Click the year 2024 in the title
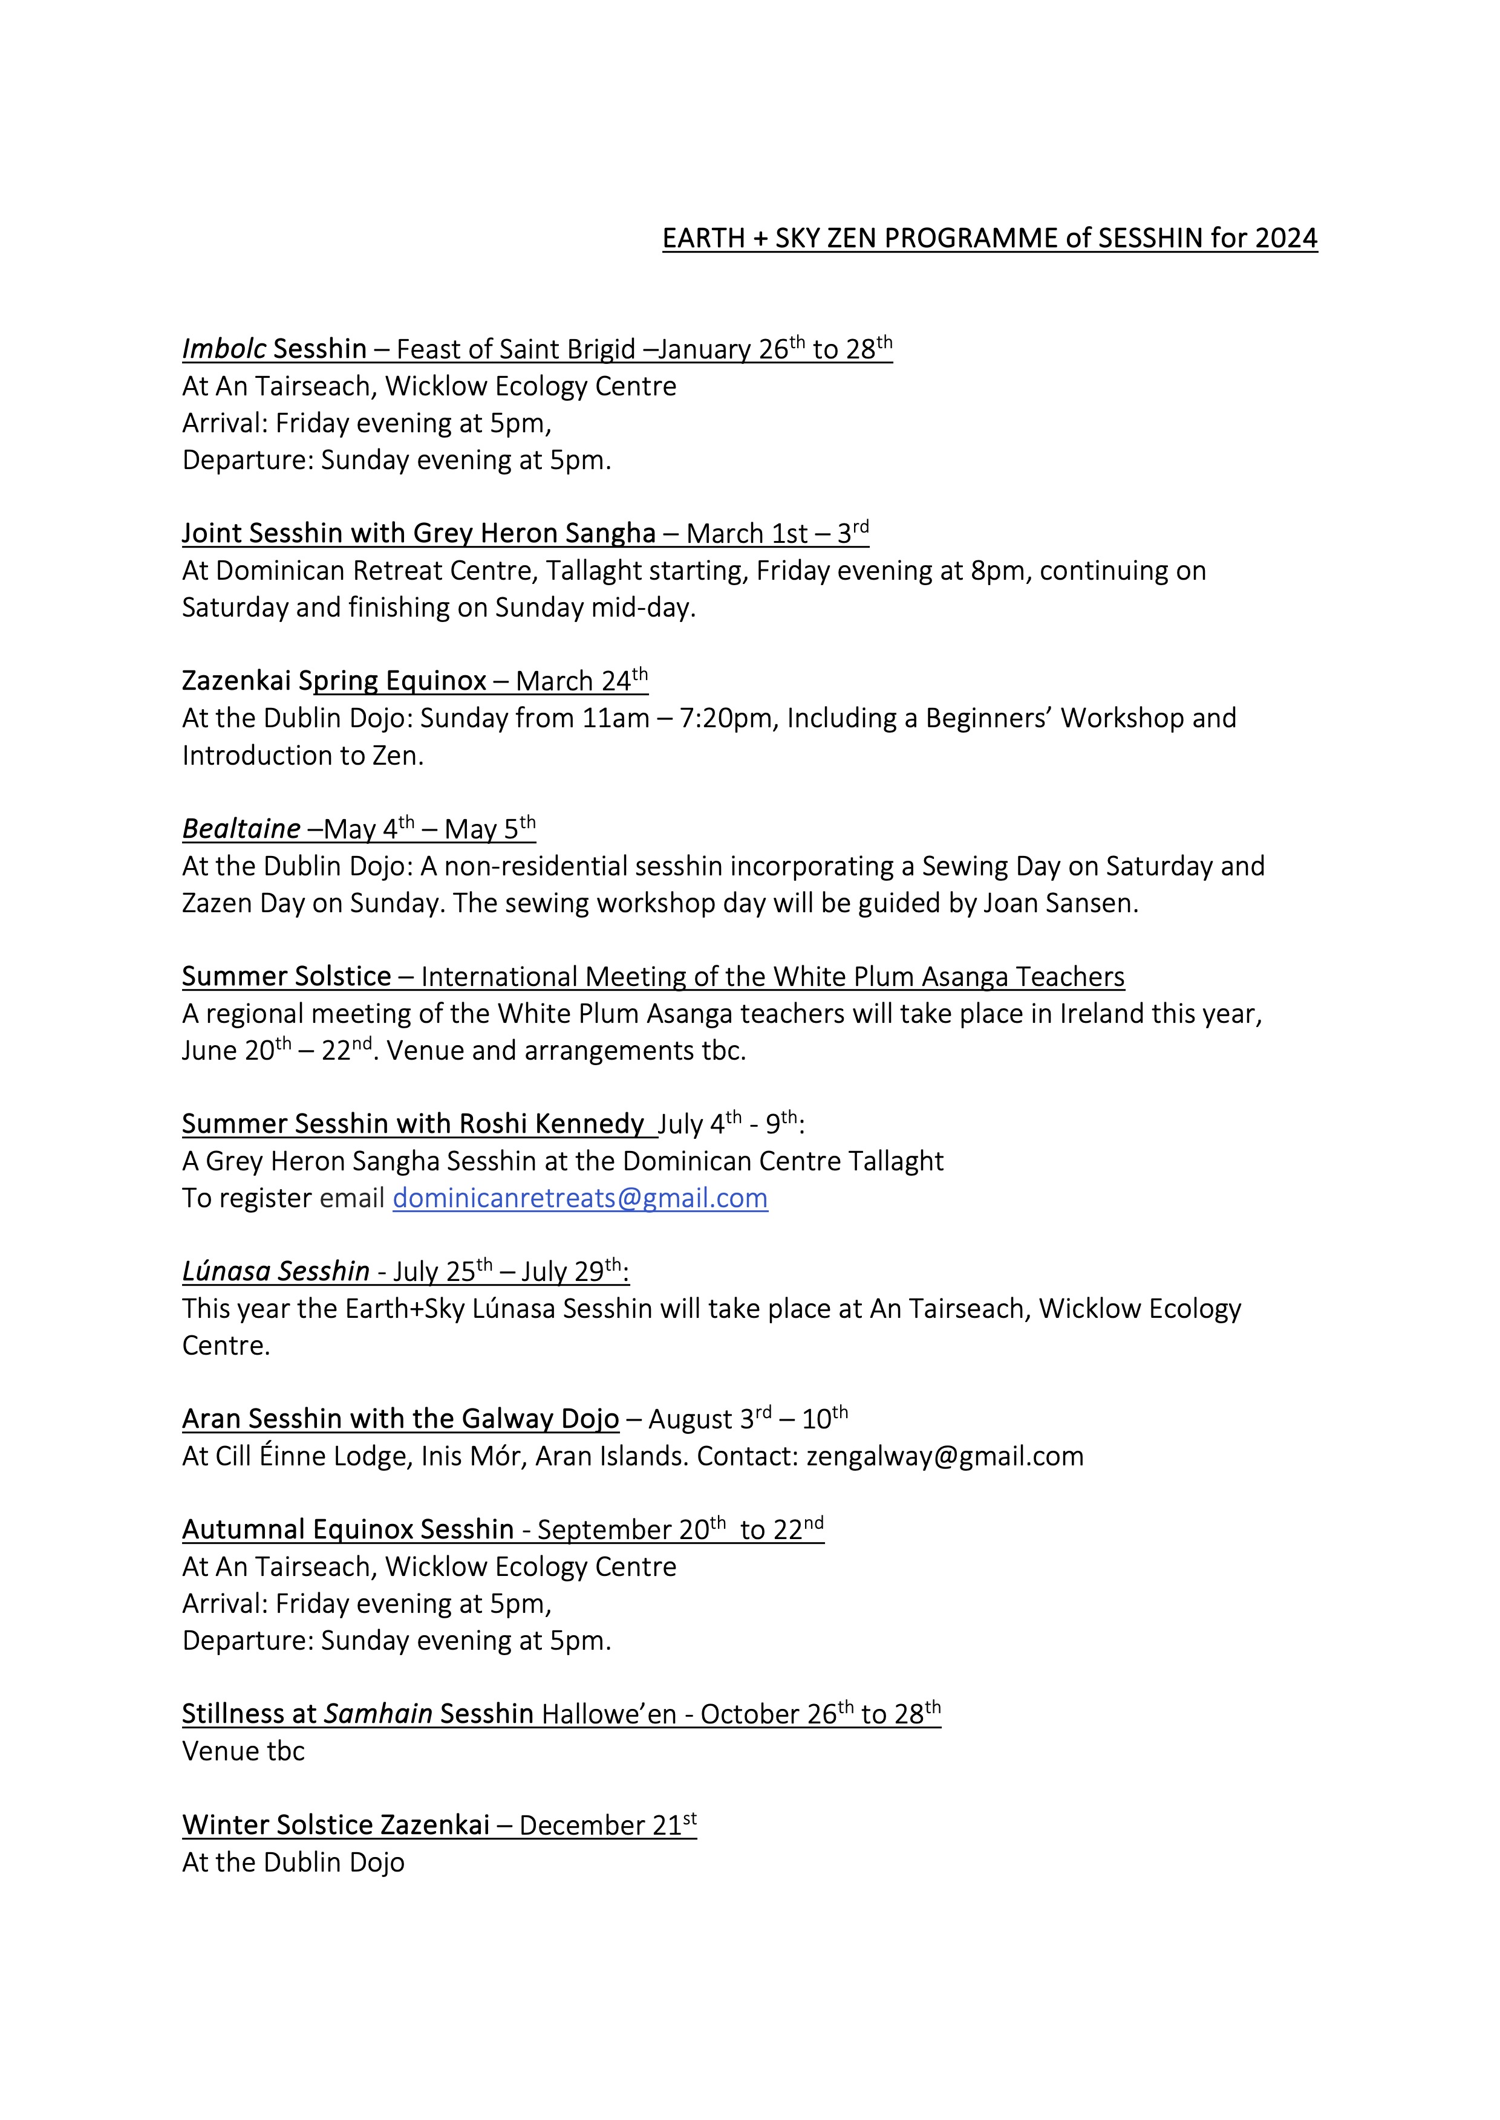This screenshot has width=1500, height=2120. pos(1286,238)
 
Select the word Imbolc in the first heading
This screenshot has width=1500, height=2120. pos(224,349)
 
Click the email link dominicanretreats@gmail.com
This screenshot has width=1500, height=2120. pos(580,1199)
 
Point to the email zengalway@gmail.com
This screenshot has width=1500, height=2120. pos(945,1457)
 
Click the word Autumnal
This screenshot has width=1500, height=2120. pos(243,1530)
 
